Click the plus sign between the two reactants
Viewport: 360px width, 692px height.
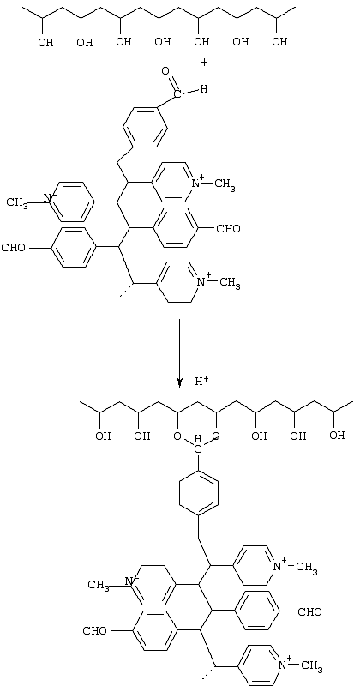(204, 63)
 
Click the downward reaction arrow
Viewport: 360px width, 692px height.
(179, 353)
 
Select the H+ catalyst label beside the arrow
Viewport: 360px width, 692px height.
(201, 381)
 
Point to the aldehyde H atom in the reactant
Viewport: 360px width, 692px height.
(203, 89)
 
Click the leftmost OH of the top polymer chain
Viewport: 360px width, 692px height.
(45, 42)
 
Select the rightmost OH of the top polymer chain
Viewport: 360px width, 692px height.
(279, 42)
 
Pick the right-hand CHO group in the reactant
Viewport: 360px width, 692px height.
(228, 229)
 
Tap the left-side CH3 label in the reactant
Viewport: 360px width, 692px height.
(17, 203)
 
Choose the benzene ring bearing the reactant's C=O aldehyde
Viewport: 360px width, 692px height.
(146, 128)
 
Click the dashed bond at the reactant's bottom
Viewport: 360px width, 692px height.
(126, 291)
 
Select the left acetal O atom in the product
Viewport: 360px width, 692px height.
(177, 437)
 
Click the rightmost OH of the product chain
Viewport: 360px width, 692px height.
(337, 436)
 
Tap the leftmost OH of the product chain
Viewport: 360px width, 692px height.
(103, 436)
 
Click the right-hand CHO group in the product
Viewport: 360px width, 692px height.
(309, 612)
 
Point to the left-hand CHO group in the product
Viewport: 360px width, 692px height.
(95, 630)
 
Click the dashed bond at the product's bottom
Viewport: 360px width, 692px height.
(207, 673)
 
